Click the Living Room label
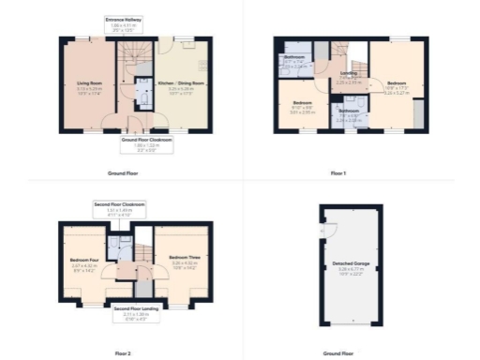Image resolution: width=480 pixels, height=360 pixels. (x=89, y=86)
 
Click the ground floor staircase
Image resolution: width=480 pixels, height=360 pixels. (x=128, y=70)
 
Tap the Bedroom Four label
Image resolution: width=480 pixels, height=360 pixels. (x=84, y=262)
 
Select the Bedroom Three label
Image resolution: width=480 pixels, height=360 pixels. (x=182, y=260)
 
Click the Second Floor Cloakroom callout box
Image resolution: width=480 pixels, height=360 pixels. (x=117, y=209)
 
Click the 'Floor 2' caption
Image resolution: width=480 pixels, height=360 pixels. (x=123, y=353)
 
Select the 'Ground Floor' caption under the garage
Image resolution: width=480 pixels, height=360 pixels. (x=338, y=353)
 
